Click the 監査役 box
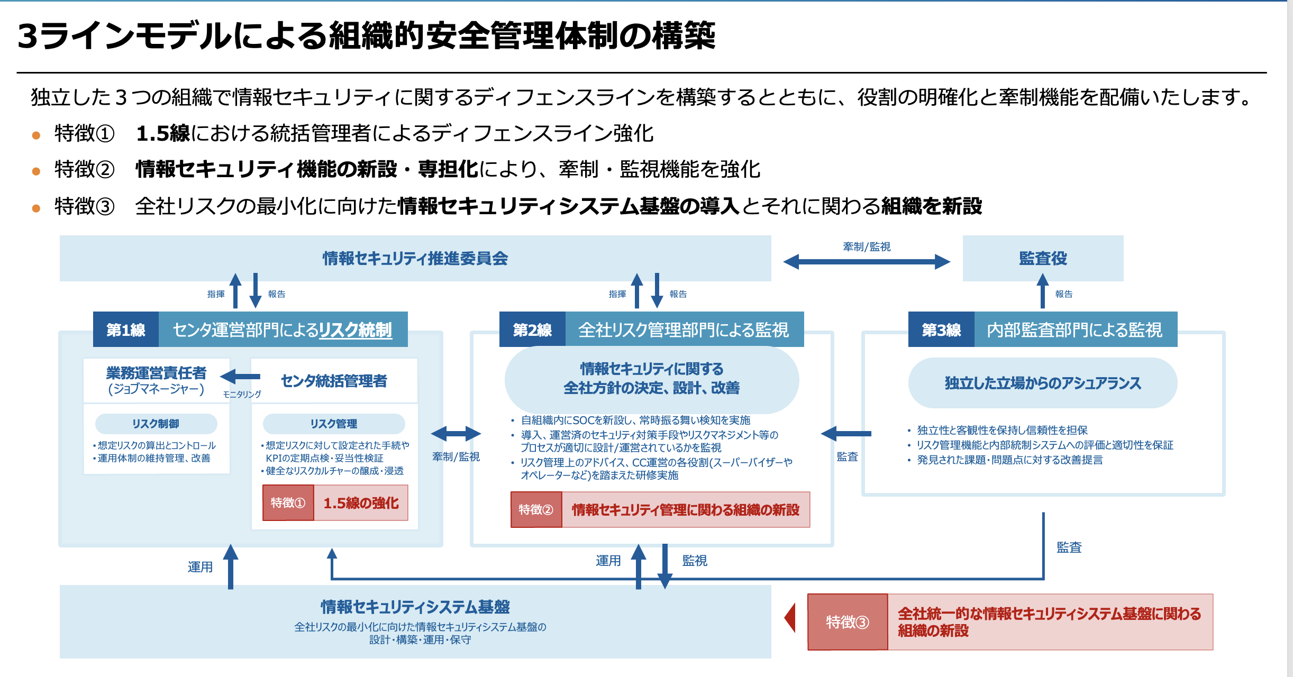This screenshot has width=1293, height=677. coord(1043,258)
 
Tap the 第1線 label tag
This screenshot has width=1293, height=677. coord(126,330)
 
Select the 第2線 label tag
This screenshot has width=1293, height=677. coord(532,330)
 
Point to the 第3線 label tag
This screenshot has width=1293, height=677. coord(941,330)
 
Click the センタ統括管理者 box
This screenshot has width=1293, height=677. coord(334,381)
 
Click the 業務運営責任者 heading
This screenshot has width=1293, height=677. coord(156,373)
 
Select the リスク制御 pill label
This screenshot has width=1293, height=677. coord(156,424)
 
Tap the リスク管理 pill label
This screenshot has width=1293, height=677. coord(334,424)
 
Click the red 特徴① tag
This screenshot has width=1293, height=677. coord(288,502)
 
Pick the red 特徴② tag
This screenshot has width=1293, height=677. coord(536,509)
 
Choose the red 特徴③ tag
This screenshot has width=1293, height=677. coord(848,622)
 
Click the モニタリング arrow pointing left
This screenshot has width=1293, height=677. coord(240,377)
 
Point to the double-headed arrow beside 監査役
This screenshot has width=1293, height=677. coord(867,261)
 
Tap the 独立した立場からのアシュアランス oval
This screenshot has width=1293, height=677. coord(1043,383)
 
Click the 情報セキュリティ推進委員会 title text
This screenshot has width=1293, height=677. coord(415,258)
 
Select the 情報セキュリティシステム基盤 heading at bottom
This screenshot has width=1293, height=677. coord(415,607)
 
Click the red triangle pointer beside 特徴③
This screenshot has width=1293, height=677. coord(790,618)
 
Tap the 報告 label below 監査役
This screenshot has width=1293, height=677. coord(1063,294)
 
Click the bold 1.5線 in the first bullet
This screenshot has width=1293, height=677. coord(163,133)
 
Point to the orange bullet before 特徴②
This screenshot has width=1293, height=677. coord(36,171)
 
